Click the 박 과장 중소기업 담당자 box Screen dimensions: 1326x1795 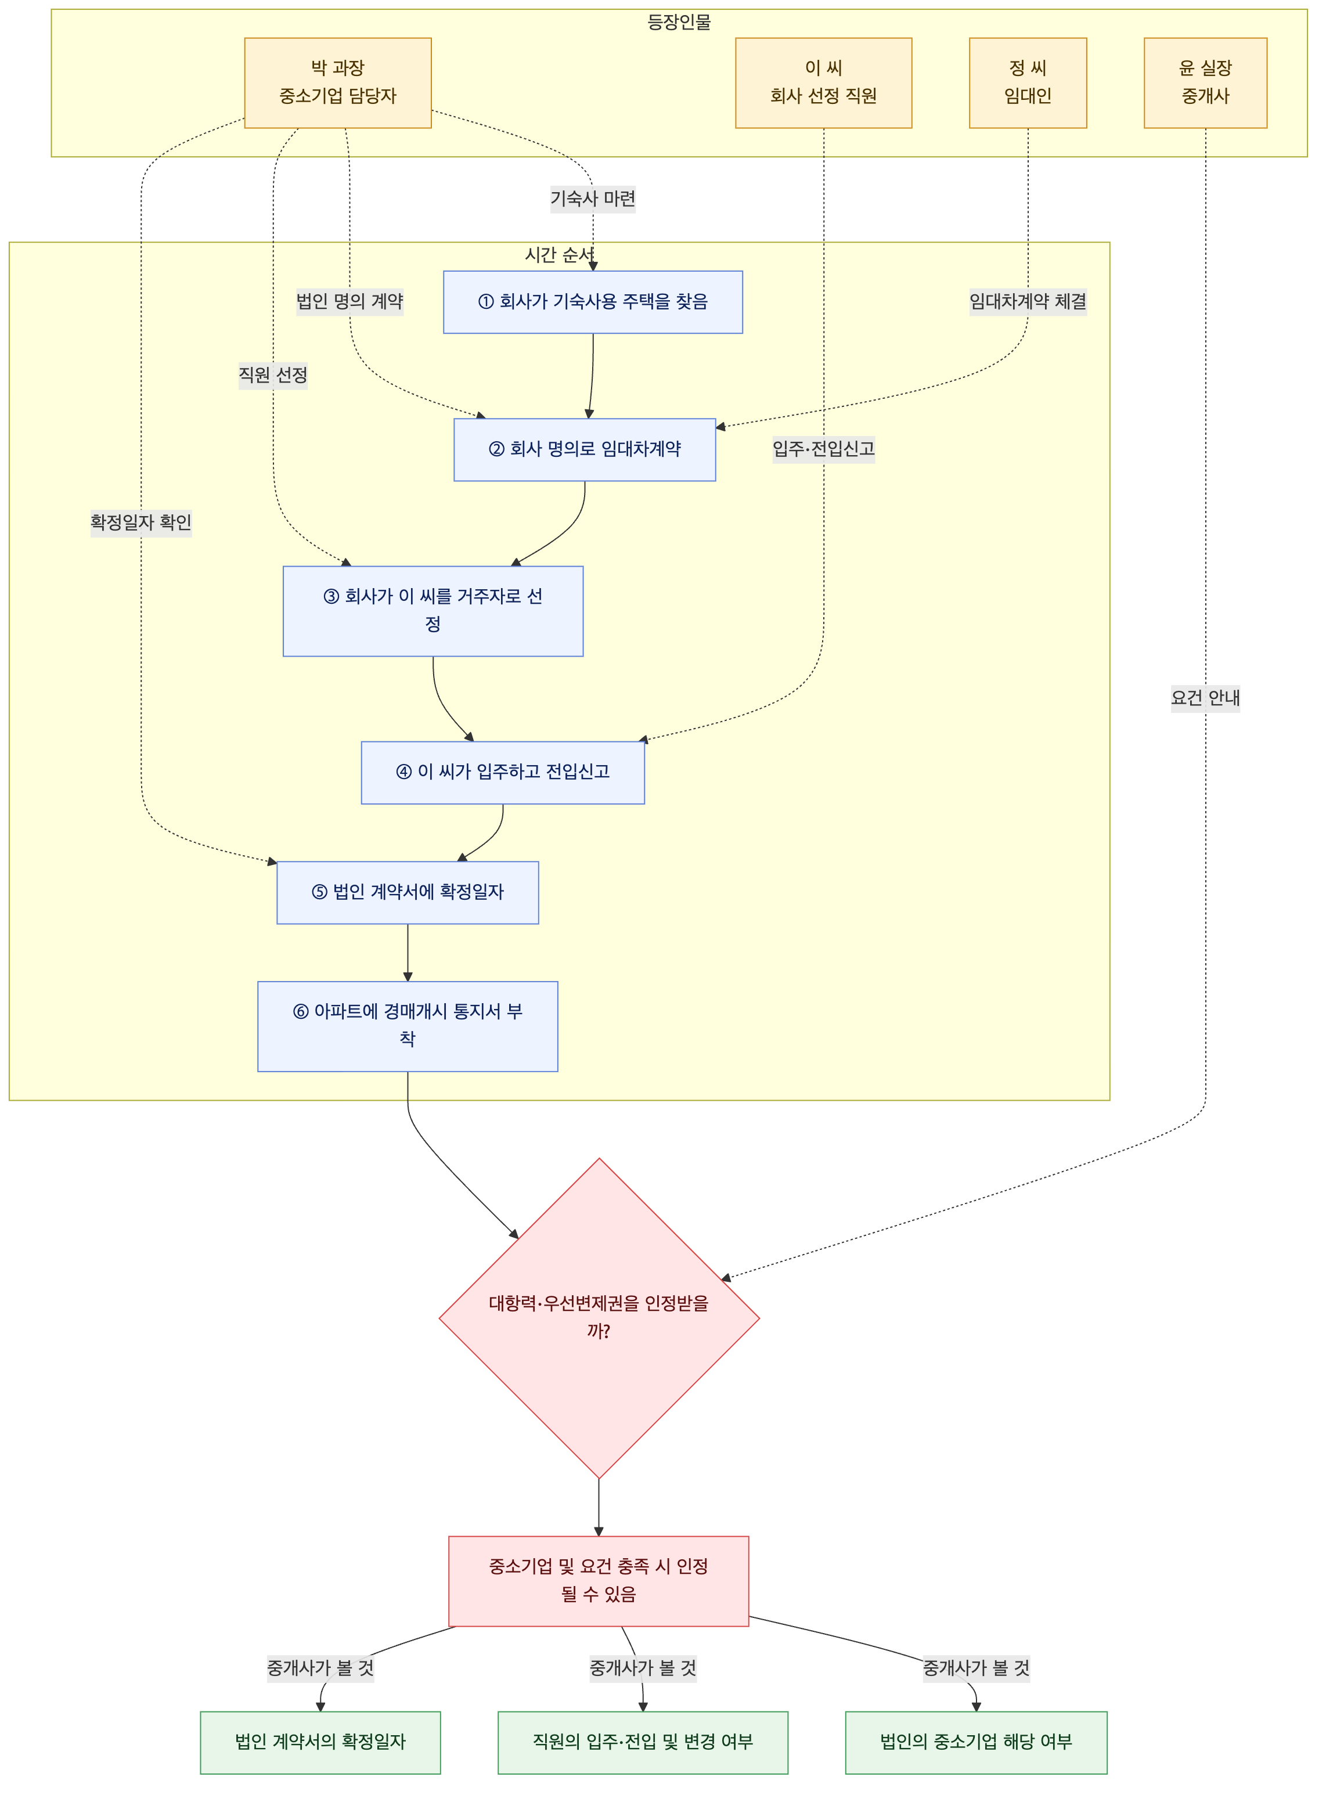pos(338,82)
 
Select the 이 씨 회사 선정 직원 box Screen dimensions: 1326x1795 pos(824,82)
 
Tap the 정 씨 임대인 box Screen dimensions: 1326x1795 pos(1028,82)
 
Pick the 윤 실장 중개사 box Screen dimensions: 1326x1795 pos(1206,82)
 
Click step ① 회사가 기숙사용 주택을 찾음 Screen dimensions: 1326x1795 pos(593,302)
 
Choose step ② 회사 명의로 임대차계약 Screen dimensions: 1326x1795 pos(585,449)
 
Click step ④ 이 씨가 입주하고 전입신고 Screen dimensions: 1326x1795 pos(502,773)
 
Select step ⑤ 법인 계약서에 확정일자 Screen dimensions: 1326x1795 pos(408,892)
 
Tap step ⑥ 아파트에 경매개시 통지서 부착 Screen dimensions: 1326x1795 pos(408,1026)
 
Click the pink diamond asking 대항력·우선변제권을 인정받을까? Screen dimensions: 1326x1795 pos(599,1318)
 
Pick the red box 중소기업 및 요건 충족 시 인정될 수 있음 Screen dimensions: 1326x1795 pos(599,1581)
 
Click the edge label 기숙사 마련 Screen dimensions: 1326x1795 pos(593,198)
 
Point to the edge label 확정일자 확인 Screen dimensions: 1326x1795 pos(141,523)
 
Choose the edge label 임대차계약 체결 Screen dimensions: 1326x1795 pos(1028,302)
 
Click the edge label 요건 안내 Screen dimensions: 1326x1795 pos(1206,698)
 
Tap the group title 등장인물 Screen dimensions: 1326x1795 pos(679,23)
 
